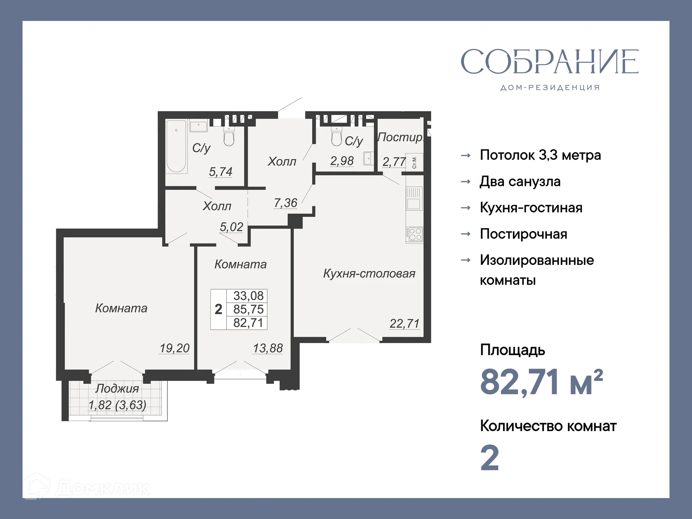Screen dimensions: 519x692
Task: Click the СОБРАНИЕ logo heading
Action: point(550,62)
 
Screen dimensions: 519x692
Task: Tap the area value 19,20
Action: point(174,348)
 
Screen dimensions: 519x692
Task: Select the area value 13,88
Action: point(268,348)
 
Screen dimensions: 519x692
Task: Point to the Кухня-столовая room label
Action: point(369,274)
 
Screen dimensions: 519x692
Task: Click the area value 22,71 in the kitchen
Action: point(404,324)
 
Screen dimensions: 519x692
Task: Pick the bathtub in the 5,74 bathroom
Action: point(176,146)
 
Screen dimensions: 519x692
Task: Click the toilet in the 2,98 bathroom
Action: point(337,137)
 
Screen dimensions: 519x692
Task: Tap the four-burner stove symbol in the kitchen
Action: point(414,234)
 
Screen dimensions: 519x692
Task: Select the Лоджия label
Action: point(117,389)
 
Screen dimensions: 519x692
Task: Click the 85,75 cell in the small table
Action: point(248,309)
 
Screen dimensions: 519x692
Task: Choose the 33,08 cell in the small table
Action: point(248,296)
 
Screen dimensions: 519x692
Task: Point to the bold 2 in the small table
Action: point(218,309)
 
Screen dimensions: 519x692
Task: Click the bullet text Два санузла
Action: point(520,182)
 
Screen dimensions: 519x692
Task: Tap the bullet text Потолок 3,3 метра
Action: point(540,155)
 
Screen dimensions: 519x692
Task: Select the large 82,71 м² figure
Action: point(541,382)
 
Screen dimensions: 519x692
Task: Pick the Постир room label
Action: point(400,137)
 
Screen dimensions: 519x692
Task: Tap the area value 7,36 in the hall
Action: point(285,203)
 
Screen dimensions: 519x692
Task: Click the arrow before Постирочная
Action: point(466,234)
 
